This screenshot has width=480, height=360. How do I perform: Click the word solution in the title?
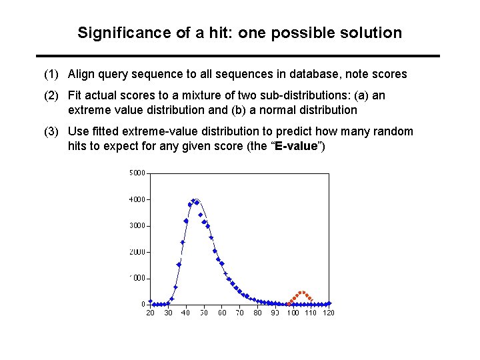point(371,33)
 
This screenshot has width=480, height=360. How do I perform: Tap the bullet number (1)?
point(52,74)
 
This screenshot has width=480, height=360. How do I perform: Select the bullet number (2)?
point(52,95)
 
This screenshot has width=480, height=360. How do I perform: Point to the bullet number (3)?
point(52,131)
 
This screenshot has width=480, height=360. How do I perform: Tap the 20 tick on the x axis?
point(151,313)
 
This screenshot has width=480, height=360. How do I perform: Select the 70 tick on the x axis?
point(239,313)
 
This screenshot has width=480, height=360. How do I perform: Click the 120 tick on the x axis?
point(327,313)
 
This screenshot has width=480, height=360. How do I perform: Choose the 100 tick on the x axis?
point(293,313)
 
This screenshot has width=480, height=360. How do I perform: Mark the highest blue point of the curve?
point(193,201)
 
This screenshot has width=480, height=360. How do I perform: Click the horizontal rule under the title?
point(238,55)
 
